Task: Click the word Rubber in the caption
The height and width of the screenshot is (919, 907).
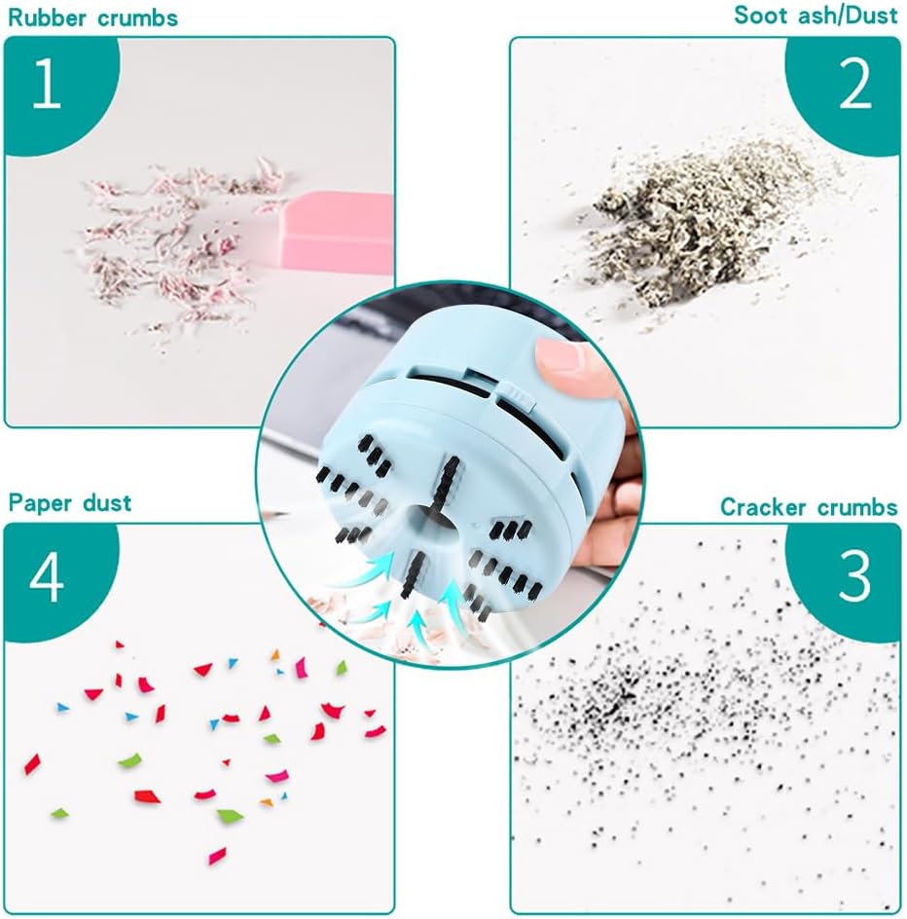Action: click(x=47, y=18)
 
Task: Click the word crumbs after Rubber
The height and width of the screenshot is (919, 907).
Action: click(x=137, y=18)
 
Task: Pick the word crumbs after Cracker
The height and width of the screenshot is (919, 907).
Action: click(x=856, y=507)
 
